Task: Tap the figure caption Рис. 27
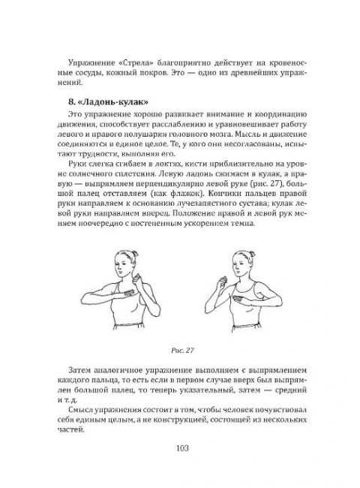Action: [x=179, y=349]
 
